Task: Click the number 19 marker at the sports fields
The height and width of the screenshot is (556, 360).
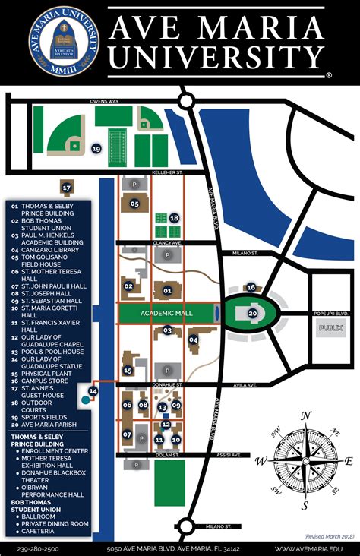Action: pyautogui.click(x=96, y=149)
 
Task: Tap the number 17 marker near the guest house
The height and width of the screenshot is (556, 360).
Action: pyautogui.click(x=67, y=187)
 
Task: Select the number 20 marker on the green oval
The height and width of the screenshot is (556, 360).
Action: pyautogui.click(x=253, y=313)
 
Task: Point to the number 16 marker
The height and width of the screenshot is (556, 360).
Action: pyautogui.click(x=251, y=287)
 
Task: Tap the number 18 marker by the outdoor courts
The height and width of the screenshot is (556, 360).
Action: pyautogui.click(x=174, y=218)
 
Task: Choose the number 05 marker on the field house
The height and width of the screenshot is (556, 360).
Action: pyautogui.click(x=134, y=204)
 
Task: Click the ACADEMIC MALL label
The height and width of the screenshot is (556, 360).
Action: pyautogui.click(x=166, y=313)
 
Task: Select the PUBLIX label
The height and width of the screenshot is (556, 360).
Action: pyautogui.click(x=330, y=328)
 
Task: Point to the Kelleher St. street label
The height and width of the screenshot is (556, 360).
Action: pyautogui.click(x=169, y=173)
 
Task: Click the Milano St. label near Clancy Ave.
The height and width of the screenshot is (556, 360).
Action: pyautogui.click(x=245, y=253)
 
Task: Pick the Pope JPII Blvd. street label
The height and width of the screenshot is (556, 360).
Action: pyautogui.click(x=331, y=313)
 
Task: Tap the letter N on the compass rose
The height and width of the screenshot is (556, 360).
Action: pyautogui.click(x=305, y=415)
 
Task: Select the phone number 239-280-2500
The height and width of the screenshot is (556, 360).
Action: pyautogui.click(x=39, y=548)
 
